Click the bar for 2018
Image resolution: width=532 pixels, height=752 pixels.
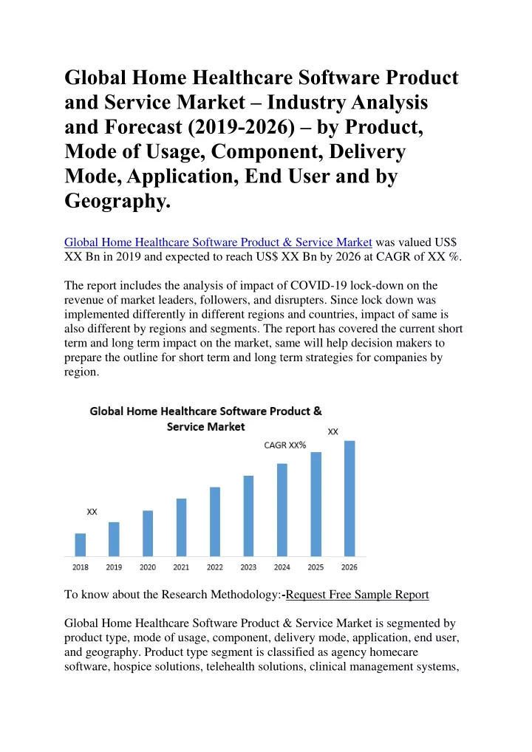click(80, 544)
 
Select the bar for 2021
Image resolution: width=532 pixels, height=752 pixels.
click(181, 527)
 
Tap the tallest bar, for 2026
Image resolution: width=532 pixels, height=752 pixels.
click(349, 499)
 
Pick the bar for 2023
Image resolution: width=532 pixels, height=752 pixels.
click(248, 516)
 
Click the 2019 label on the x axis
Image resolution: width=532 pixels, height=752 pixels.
click(114, 567)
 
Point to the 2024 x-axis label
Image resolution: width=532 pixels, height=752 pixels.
click(282, 567)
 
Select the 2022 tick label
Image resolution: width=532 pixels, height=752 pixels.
click(215, 567)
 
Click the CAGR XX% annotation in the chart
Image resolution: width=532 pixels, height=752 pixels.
click(285, 445)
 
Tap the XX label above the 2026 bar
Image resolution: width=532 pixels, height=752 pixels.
click(333, 431)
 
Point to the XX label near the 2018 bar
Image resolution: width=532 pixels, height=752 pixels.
click(92, 512)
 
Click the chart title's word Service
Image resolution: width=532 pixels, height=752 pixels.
click(185, 426)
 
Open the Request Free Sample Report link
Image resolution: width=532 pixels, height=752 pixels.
click(358, 595)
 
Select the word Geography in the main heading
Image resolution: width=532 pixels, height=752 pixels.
click(117, 201)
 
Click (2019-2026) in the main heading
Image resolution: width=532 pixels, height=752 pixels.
click(242, 127)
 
